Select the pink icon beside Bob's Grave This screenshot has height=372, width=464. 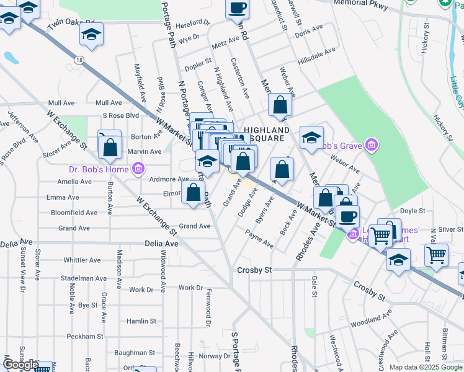click(371, 146)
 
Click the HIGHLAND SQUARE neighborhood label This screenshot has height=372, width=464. click(262, 134)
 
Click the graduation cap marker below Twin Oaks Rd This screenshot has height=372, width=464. click(91, 35)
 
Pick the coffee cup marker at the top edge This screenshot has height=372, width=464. click(238, 8)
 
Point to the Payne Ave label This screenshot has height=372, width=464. click(259, 239)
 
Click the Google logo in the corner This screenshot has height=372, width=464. click(20, 365)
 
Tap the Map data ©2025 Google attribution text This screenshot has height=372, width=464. click(426, 367)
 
